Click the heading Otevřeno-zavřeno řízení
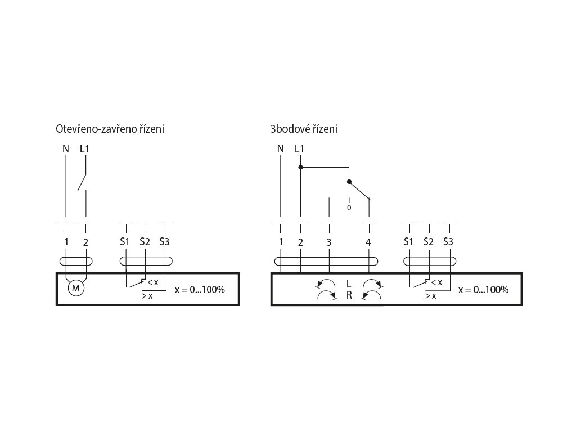(x=110, y=129)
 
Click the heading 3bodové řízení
(x=304, y=129)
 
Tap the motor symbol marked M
(x=75, y=289)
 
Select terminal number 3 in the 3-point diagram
(x=329, y=242)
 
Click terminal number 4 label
(x=368, y=242)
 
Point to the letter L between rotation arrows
(x=349, y=282)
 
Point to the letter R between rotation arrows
(x=349, y=295)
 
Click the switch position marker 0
(x=349, y=208)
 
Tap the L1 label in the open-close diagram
(x=85, y=149)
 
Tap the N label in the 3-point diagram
(x=281, y=149)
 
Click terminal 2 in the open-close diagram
(x=85, y=242)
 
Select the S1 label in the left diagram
(x=125, y=242)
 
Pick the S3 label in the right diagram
(x=448, y=242)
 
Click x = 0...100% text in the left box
(x=200, y=290)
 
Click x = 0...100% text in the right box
(x=484, y=290)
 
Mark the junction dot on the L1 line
(x=300, y=167)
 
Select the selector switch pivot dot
(x=349, y=182)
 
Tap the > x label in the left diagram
(x=147, y=296)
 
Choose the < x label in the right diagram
(x=436, y=282)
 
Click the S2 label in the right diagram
(x=429, y=242)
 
